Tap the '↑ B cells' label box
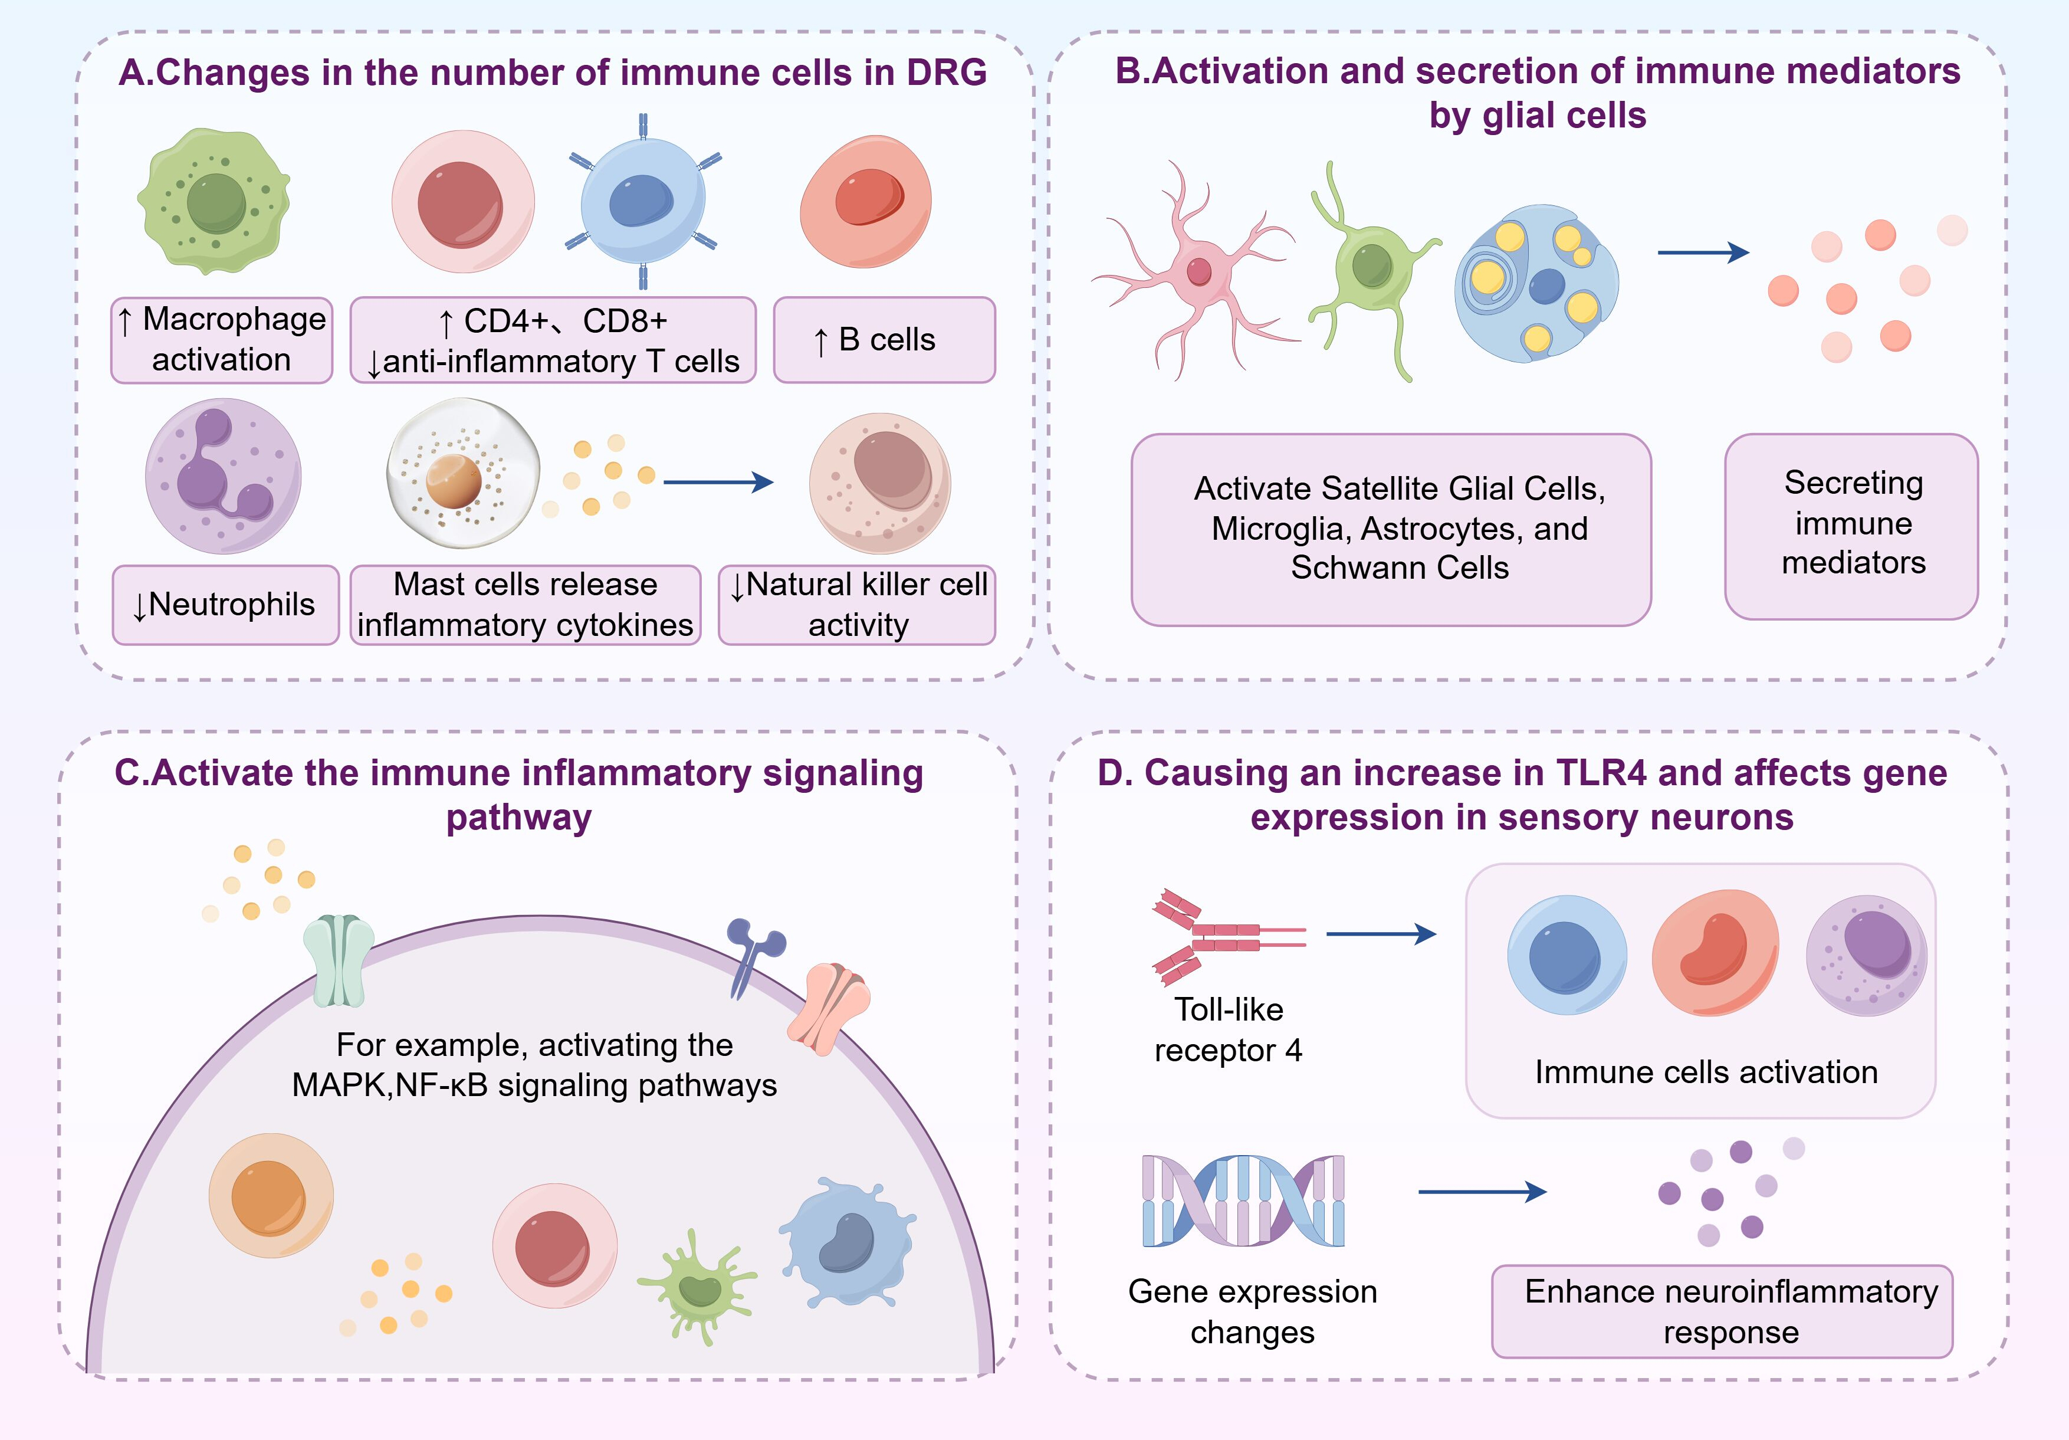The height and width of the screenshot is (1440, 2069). pos(884,340)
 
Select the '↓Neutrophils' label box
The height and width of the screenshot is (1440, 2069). pos(225,605)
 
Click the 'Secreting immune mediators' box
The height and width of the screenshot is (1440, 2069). pos(1851,526)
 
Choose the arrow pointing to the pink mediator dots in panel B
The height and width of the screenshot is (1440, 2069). pos(1703,253)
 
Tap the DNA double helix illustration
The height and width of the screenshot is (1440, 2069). pos(1243,1201)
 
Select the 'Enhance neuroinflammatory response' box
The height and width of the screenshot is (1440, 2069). pos(1722,1311)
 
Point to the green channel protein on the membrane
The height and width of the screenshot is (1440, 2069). pos(338,960)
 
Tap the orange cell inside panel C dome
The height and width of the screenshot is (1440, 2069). pos(270,1196)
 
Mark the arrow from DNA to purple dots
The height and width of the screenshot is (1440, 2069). pos(1482,1192)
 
